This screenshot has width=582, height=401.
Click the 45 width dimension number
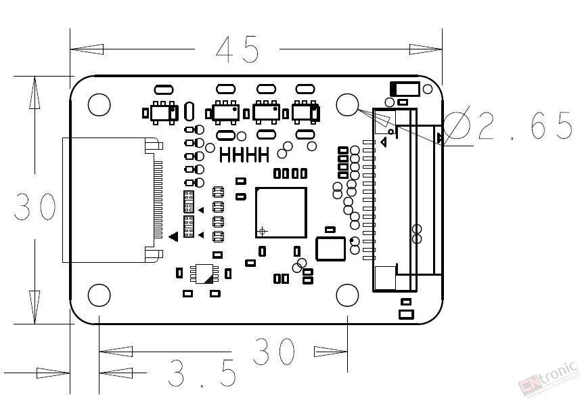point(237,49)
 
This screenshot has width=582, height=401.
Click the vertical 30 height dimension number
point(35,207)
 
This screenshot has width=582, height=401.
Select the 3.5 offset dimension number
point(202,373)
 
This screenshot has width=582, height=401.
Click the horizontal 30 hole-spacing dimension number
point(274,351)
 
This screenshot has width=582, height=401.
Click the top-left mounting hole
point(99,104)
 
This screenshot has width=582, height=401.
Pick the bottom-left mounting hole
point(99,295)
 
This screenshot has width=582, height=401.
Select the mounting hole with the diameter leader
point(347,104)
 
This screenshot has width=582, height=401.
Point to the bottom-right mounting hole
point(347,295)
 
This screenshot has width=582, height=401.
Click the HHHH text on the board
point(244,155)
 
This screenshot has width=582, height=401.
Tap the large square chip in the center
point(281,213)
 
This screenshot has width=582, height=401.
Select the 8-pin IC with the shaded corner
point(204,274)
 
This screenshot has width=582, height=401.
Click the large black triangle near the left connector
point(173,236)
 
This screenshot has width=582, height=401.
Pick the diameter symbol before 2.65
point(457,125)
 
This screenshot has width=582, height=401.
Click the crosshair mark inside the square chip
point(263,231)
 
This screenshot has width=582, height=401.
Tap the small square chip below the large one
point(330,249)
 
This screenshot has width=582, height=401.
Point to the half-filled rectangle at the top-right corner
point(405,89)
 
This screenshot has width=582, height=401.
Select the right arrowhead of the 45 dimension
point(426,49)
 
